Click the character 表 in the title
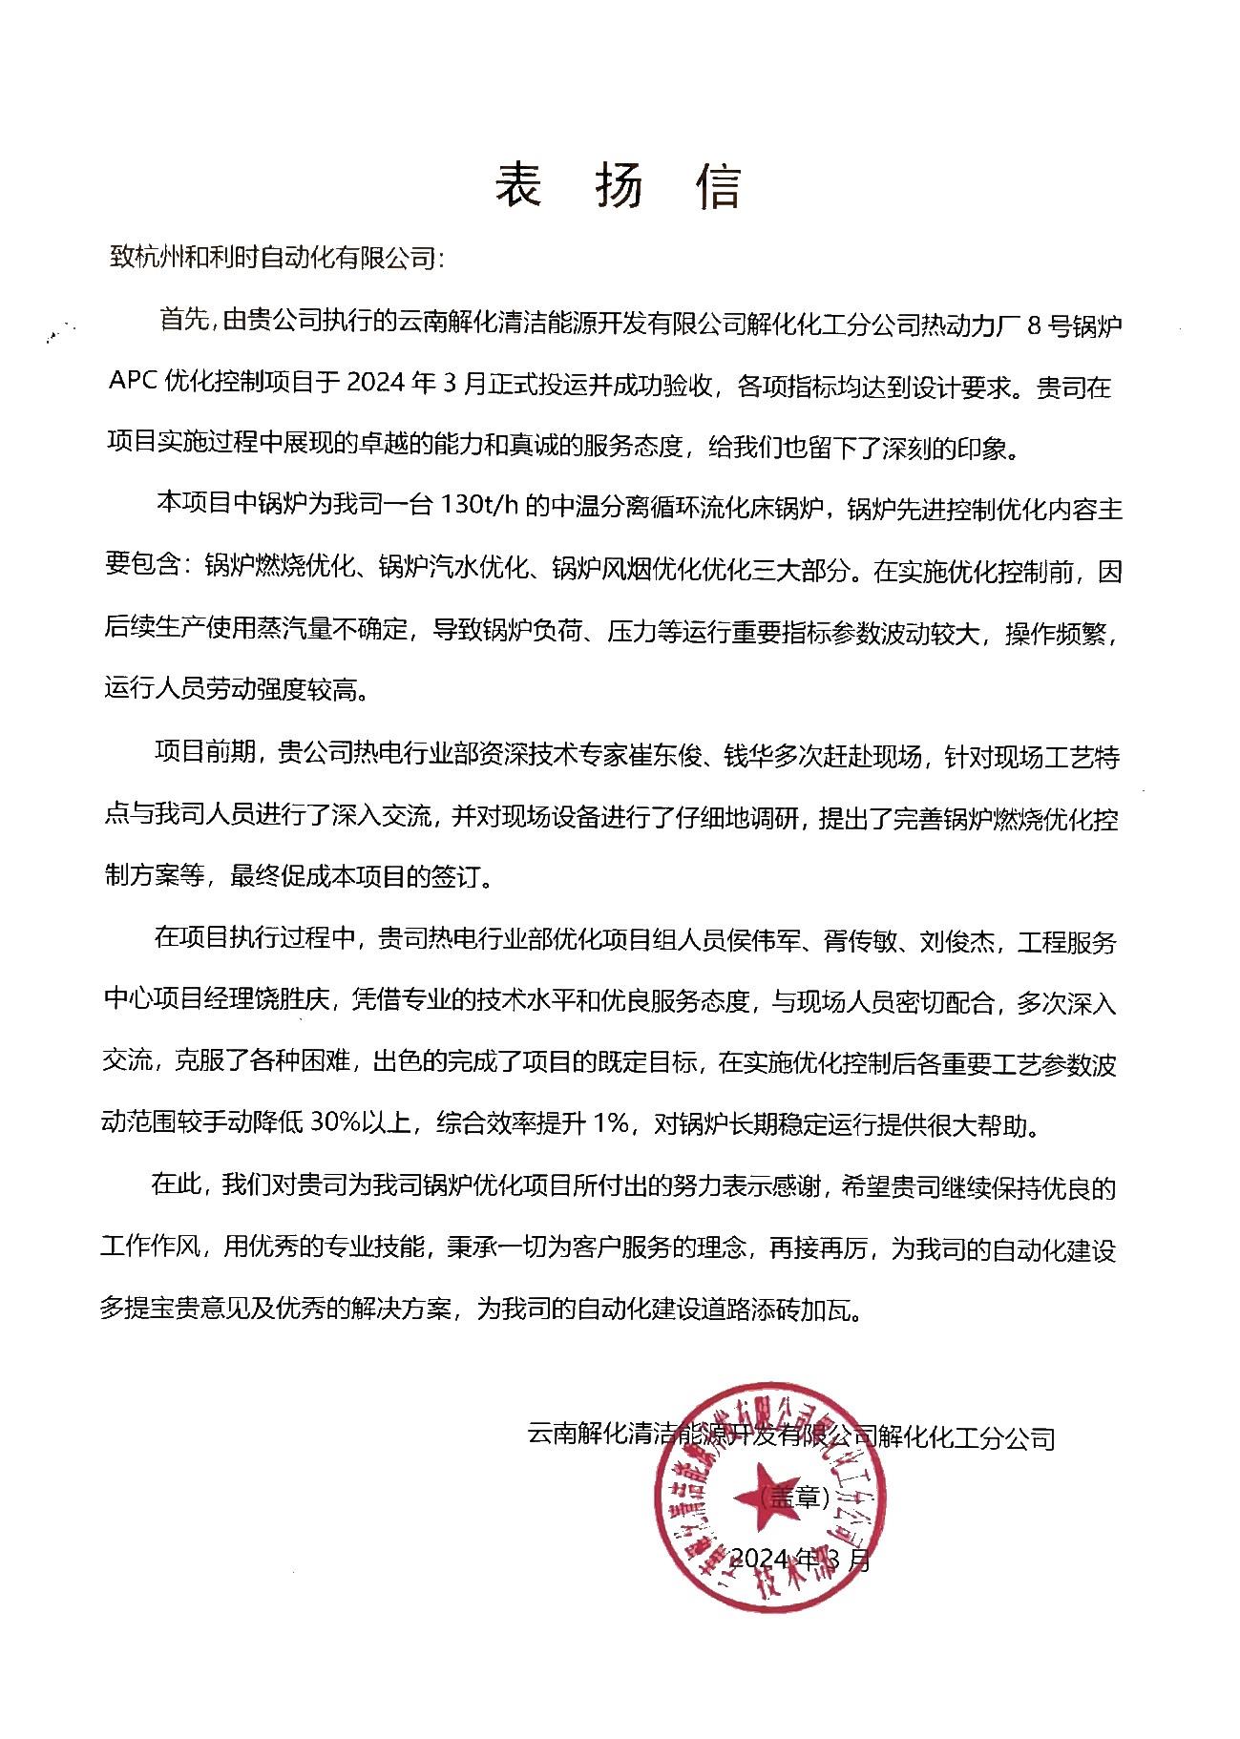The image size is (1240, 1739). click(x=518, y=185)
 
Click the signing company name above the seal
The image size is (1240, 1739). click(x=791, y=1436)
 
